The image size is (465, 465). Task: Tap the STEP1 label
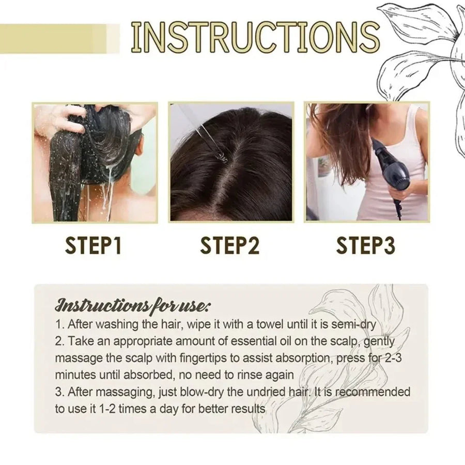click(x=94, y=245)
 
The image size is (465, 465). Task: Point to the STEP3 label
click(x=366, y=245)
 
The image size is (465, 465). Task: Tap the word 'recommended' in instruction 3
click(x=374, y=392)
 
